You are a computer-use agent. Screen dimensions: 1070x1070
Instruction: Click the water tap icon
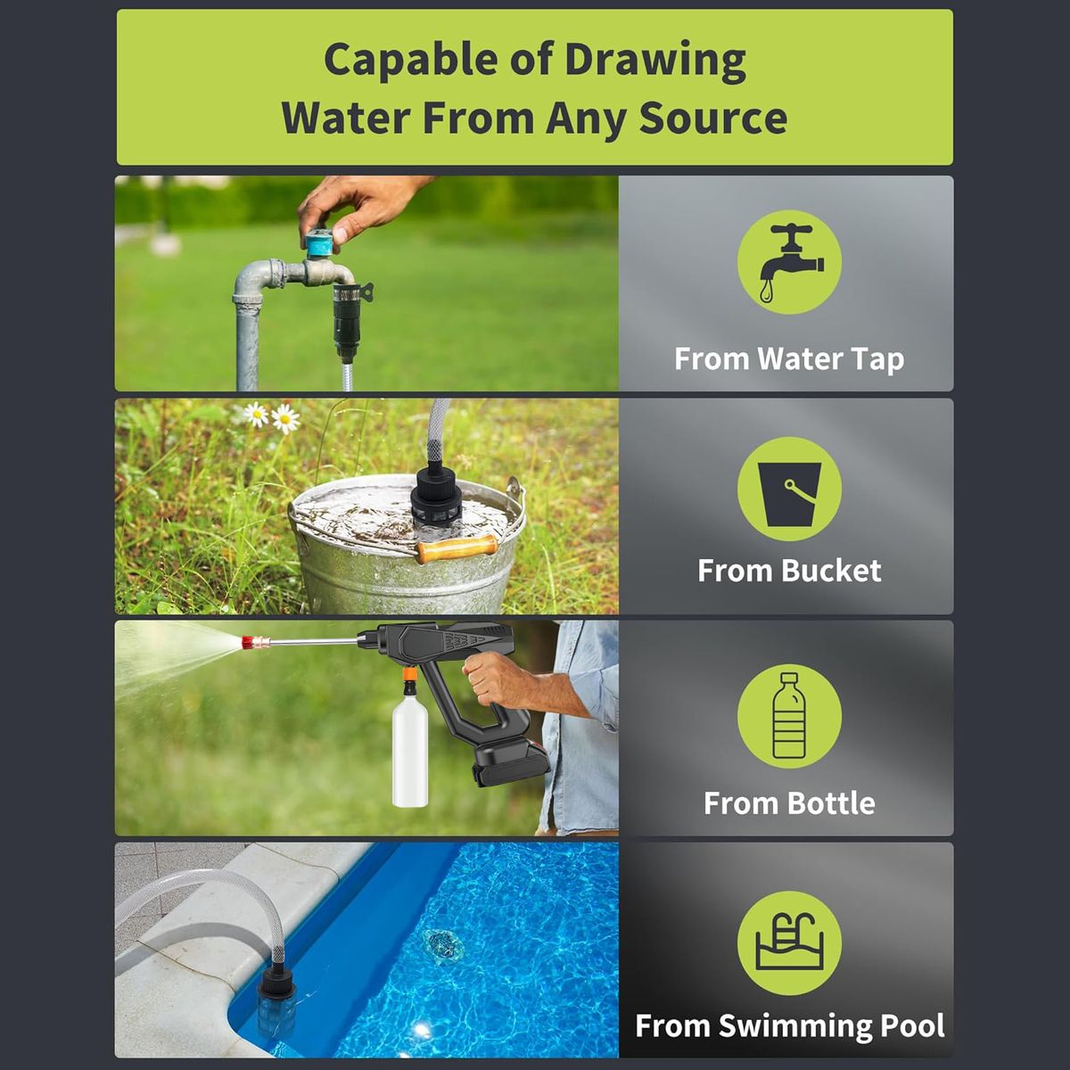[790, 262]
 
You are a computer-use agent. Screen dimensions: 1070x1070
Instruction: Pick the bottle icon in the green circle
[789, 716]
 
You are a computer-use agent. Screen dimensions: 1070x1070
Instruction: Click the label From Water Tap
[789, 358]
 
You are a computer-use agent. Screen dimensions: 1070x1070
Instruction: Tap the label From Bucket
[789, 571]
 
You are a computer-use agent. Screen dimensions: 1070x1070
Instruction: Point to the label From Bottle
[789, 802]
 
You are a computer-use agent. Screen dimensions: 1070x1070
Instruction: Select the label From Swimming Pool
[790, 1025]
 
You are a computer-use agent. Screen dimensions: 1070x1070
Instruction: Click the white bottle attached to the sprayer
[410, 753]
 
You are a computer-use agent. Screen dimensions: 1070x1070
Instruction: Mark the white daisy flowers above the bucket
[273, 418]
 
